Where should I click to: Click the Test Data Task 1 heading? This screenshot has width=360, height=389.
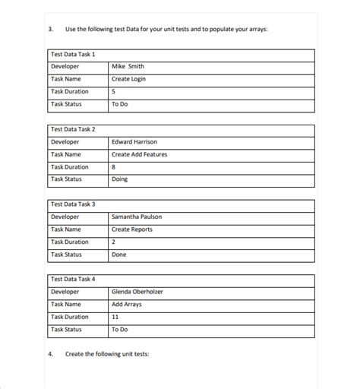coord(73,55)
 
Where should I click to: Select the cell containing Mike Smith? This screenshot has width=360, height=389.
coord(128,67)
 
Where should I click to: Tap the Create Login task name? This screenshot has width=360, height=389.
coord(128,79)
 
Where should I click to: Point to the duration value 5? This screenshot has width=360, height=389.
coord(114,92)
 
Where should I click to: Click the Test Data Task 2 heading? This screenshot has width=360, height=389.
coord(73,129)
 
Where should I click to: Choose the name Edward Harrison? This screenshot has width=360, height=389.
coord(134,142)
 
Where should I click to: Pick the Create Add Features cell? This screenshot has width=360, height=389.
coord(139,154)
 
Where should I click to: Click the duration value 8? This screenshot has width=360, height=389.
coord(114,167)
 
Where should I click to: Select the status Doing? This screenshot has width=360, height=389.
coord(119,179)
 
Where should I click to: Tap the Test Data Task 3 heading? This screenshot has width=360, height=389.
coord(73,204)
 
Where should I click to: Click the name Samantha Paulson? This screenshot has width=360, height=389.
coord(137,217)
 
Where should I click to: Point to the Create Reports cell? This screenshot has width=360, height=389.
coord(131,229)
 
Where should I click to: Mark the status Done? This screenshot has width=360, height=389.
coord(119,255)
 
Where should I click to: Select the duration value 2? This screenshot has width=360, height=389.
coord(114,242)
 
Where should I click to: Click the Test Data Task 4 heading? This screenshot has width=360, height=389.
coord(73,279)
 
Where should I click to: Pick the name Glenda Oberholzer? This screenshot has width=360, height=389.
coord(137,292)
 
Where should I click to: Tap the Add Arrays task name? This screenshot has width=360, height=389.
coord(127,304)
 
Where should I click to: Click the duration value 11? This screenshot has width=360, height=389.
coord(115,317)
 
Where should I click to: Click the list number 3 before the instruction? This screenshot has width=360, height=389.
coord(50,30)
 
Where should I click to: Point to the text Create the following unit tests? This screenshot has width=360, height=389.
coord(107,354)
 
